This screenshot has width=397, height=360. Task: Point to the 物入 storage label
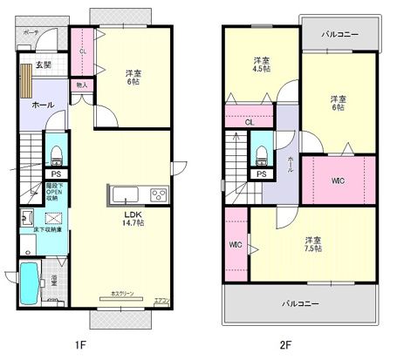pos(81,85)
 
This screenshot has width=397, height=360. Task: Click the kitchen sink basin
pos(122,193)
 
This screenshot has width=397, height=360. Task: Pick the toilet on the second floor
pos(262,154)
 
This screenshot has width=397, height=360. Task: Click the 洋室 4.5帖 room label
pos(261,66)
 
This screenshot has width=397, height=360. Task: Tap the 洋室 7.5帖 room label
pos(312,243)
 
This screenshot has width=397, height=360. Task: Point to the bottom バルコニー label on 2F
pos(299,303)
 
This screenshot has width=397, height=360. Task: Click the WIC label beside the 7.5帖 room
pos(235,244)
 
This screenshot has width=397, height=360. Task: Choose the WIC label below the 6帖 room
pos(339,180)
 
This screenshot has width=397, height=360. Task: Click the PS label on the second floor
pos(261,174)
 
